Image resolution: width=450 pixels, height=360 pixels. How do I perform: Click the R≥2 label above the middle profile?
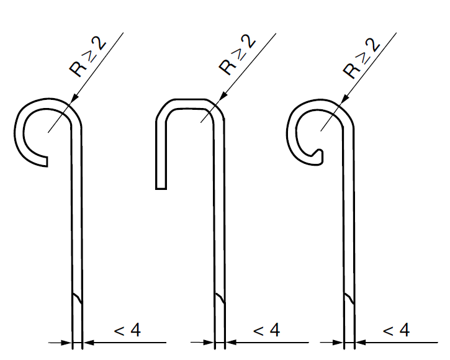click(x=237, y=55)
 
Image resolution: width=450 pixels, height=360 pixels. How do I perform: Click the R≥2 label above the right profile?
click(x=362, y=58)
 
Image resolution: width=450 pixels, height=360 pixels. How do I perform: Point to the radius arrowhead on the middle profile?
click(x=223, y=97)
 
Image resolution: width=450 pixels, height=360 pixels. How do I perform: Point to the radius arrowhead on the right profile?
click(x=344, y=99)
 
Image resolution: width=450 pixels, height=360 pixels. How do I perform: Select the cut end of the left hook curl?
click(x=47, y=161)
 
